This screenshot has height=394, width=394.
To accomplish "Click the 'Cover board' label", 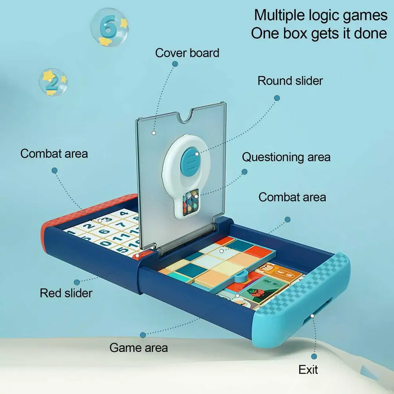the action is [187, 53].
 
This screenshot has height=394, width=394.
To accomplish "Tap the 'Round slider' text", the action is [290, 81].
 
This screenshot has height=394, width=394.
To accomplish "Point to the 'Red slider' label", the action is [66, 293].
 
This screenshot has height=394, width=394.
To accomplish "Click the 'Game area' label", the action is [139, 348].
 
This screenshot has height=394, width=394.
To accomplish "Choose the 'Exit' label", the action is [308, 370].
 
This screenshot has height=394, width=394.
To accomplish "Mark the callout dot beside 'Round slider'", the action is [277, 98].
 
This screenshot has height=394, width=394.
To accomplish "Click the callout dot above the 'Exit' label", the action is [314, 356].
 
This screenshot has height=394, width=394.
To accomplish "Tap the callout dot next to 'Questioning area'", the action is [244, 172].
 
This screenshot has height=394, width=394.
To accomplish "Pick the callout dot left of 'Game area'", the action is [143, 335].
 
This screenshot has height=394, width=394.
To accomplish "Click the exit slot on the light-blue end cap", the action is [313, 315].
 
